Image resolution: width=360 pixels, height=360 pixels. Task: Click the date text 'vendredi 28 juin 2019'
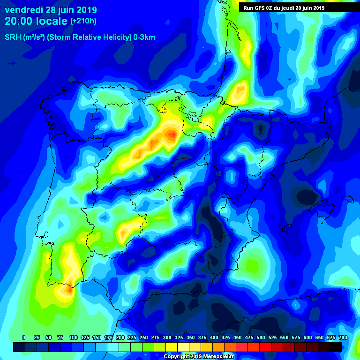coord(51,10)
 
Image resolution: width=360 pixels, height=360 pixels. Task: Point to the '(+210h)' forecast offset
coord(83,21)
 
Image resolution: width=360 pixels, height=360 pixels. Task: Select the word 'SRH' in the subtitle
coord(13,37)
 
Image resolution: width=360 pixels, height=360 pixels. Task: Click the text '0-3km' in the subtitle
coord(144,37)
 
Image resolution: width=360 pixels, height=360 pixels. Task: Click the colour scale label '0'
coord(23,337)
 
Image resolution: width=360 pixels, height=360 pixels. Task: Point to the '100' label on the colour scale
coord(73,337)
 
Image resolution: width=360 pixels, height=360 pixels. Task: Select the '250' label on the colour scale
coord(143,337)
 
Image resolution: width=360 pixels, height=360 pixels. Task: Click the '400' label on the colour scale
coord(214,337)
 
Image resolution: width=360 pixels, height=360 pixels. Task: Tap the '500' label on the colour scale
coord(261,337)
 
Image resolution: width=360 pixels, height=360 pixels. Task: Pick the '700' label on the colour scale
coord(343,337)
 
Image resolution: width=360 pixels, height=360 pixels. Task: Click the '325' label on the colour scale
coord(179,337)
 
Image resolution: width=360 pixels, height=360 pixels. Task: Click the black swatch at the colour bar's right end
coord(336,347)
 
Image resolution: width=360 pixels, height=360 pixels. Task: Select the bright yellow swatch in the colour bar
coord(172,347)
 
